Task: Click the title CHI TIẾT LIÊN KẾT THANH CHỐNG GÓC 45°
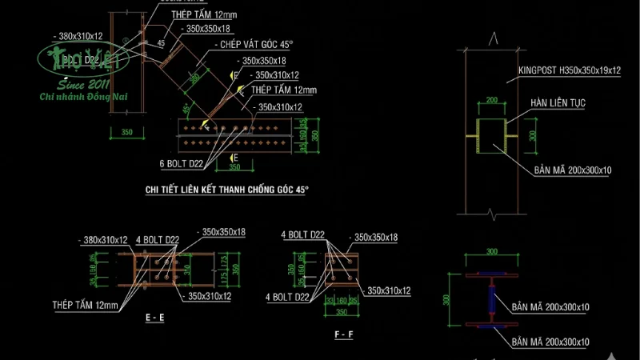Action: [x=226, y=190]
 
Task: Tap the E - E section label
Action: [x=156, y=318]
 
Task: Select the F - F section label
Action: [x=344, y=330]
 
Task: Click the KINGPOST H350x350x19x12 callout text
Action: [x=569, y=70]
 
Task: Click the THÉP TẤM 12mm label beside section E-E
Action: [x=84, y=305]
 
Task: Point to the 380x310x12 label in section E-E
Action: [x=104, y=239]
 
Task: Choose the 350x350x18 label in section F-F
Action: [x=376, y=237]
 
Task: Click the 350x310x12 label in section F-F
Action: [x=389, y=290]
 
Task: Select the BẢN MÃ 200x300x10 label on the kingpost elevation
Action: [x=574, y=170]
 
